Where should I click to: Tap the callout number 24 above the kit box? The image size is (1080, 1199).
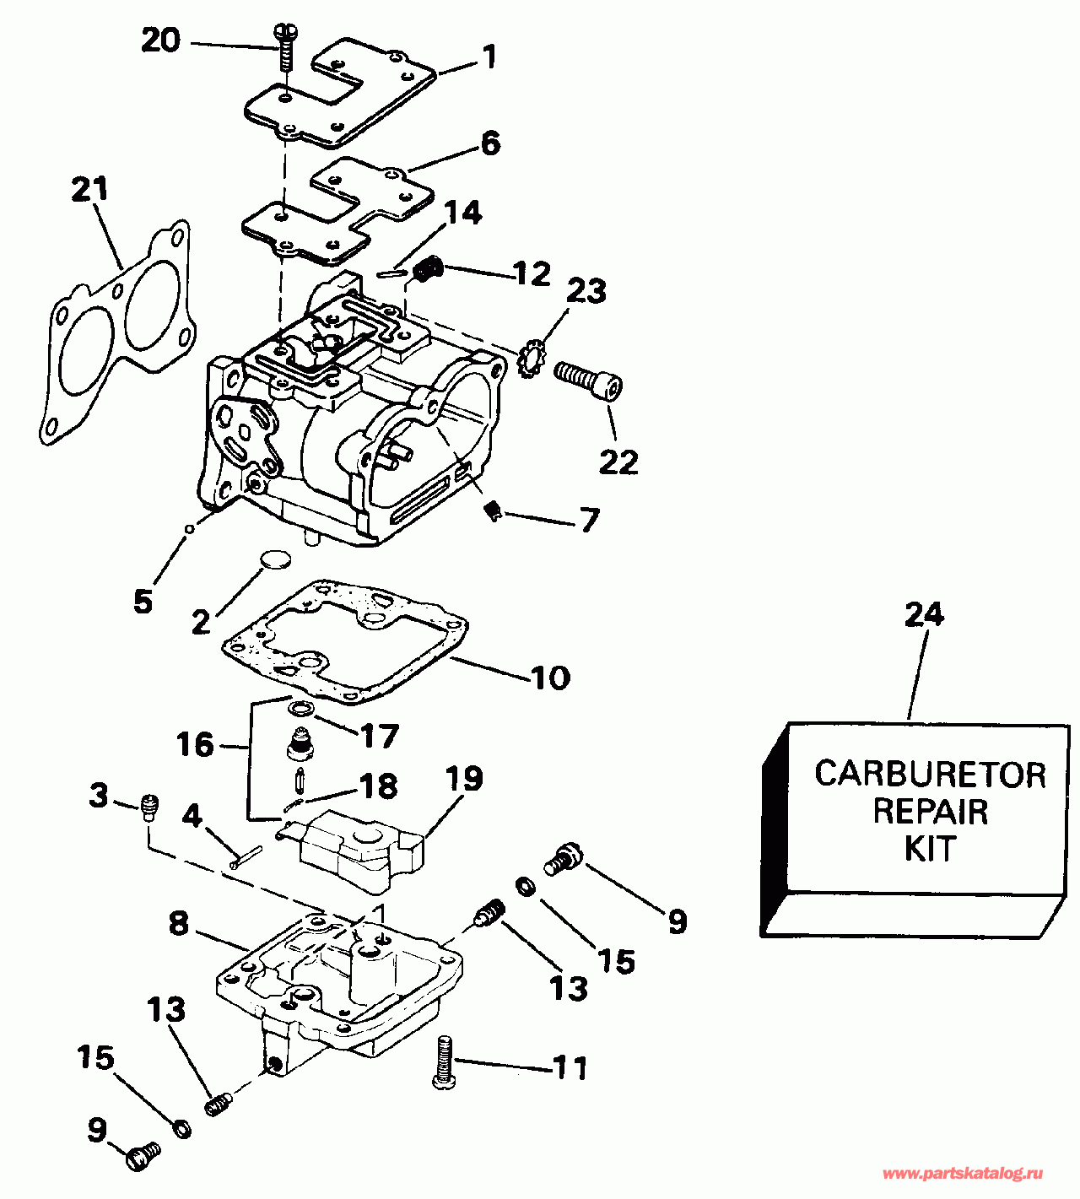(x=924, y=615)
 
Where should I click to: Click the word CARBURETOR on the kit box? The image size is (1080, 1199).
(x=930, y=774)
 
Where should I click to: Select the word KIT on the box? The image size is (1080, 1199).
(x=930, y=848)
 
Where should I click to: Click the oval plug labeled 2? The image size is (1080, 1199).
(x=275, y=561)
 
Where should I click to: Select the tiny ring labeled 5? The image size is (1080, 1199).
(x=191, y=528)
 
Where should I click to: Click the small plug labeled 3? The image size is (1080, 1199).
(x=150, y=807)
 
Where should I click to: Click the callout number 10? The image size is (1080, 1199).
(x=550, y=677)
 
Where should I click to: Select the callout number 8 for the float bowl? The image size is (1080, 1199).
(x=178, y=924)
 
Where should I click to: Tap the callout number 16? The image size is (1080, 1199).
(x=195, y=745)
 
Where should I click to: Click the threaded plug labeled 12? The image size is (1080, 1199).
(x=429, y=270)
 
